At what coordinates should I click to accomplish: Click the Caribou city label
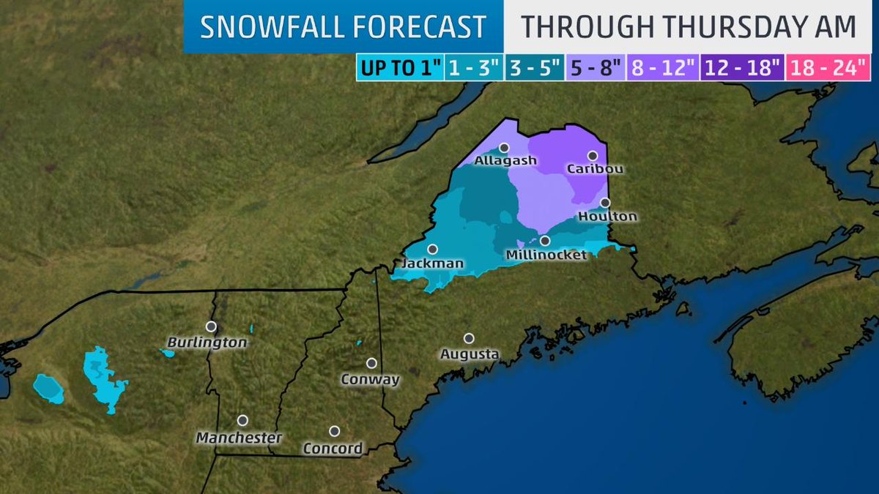[x=595, y=169]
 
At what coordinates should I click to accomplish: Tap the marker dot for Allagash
[x=504, y=147]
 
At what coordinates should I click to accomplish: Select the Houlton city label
[x=607, y=217]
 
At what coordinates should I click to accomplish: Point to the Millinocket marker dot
[x=545, y=240]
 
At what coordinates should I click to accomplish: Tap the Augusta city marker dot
[x=469, y=338]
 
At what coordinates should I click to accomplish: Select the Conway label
[x=371, y=379]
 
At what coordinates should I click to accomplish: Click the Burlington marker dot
[x=211, y=326]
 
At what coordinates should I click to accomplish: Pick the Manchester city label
[x=239, y=438]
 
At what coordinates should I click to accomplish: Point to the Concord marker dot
[x=334, y=431]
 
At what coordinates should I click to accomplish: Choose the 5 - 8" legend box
[x=596, y=68]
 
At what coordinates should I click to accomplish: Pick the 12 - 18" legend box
[x=742, y=68]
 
